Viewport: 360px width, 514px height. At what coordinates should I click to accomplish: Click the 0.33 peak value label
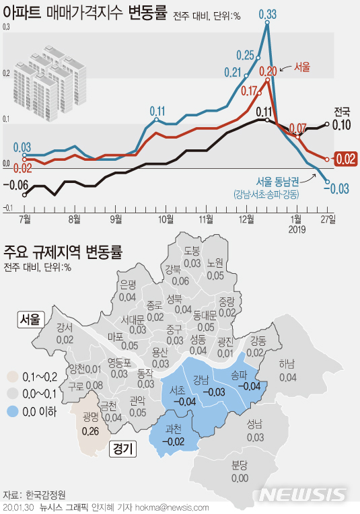click(x=267, y=13)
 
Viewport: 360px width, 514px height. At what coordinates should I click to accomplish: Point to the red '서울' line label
click(x=302, y=67)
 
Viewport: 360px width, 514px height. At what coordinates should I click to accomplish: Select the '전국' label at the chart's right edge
click(x=342, y=111)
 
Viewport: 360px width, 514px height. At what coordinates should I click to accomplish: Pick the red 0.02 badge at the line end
click(x=345, y=159)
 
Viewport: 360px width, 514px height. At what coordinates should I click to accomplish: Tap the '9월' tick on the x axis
click(x=116, y=219)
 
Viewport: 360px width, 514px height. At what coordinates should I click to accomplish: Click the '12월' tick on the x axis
click(x=246, y=219)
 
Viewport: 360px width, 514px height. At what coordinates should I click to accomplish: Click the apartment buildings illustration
click(x=54, y=74)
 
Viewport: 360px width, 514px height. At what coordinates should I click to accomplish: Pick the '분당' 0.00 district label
click(x=240, y=470)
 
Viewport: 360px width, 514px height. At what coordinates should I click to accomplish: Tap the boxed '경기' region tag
click(x=122, y=447)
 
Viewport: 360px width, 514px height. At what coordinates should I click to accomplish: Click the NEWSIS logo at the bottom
click(x=306, y=495)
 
